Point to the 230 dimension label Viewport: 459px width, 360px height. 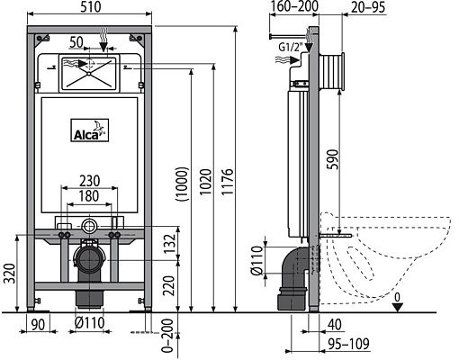[88, 179]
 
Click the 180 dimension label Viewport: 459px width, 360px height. [88, 195]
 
